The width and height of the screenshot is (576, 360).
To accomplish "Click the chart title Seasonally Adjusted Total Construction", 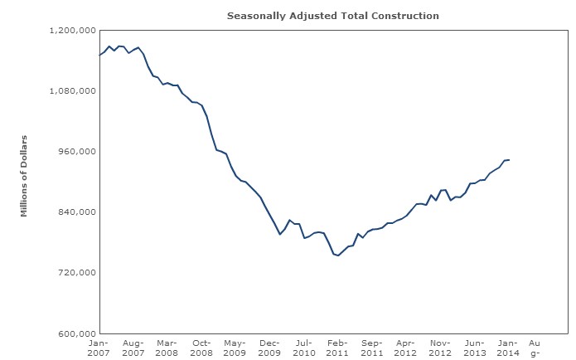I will [x=332, y=16].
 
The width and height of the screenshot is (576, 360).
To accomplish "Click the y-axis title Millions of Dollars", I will [x=24, y=176].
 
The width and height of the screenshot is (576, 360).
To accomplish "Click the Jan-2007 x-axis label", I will [x=99, y=348].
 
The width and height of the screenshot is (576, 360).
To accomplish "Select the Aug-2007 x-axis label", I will [x=133, y=348].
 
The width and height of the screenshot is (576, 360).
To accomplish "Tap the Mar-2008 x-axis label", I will [x=167, y=348].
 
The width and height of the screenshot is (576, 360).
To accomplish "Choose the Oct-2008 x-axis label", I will [x=201, y=348].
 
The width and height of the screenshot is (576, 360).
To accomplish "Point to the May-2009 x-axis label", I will [x=235, y=348].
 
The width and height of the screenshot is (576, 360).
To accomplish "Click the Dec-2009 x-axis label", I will [x=269, y=348].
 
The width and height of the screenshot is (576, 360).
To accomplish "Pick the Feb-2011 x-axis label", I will [x=337, y=348].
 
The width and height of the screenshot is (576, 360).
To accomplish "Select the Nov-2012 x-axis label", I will [x=440, y=348].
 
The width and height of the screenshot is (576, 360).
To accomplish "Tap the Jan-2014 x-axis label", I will [x=509, y=348].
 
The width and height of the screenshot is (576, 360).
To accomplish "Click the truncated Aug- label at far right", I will [x=535, y=348].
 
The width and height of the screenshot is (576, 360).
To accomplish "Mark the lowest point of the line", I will [x=338, y=255].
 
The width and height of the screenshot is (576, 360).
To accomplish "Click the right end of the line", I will [x=509, y=159].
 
